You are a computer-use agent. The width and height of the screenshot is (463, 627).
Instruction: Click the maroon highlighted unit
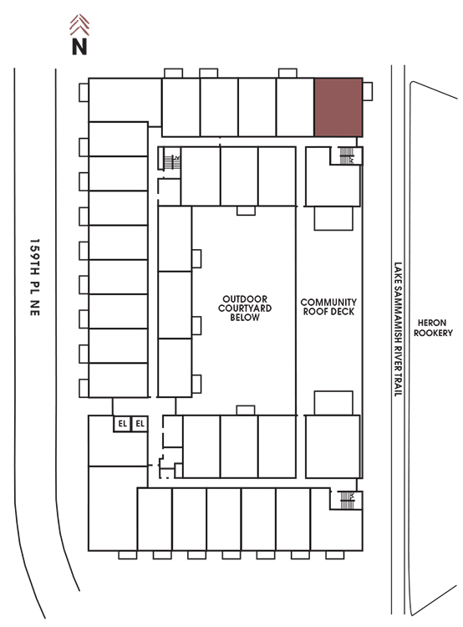pos(338,107)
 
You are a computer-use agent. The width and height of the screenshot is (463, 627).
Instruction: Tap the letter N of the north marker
pos(79,46)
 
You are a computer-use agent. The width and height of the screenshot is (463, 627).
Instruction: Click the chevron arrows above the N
pos(79,25)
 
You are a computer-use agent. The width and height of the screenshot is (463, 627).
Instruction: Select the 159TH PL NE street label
pos(35,278)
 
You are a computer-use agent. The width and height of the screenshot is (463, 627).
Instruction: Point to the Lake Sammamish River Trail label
pos(398,329)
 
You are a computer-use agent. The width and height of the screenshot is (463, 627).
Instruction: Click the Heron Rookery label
pos(433,328)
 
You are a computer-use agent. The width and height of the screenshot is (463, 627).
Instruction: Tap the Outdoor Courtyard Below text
pos(245,308)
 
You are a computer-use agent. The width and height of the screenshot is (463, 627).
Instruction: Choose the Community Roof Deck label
pos(328,307)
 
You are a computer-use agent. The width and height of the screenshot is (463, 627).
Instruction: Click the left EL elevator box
pos(122,424)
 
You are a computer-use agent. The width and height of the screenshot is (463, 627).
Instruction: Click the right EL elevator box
pos(140,424)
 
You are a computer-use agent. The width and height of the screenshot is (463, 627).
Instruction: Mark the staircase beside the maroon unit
pos(347,156)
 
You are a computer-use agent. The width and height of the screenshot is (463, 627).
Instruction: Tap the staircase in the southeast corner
pos(347,500)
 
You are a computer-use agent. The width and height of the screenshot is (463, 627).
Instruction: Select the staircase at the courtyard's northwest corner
pos(172,162)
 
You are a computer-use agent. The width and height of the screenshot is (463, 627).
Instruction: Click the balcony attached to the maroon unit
pos(368,92)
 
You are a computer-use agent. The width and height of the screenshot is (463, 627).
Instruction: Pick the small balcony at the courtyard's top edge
pos(246,211)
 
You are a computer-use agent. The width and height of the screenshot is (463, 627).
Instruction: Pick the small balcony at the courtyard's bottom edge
pos(246,410)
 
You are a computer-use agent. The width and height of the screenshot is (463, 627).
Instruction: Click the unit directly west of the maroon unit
pos(295,107)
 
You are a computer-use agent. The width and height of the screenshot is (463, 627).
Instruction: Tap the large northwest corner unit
pos(125,100)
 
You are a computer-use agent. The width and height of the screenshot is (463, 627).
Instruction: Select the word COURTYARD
pos(245,308)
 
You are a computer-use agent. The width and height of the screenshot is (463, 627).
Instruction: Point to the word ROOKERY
pos(433,333)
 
